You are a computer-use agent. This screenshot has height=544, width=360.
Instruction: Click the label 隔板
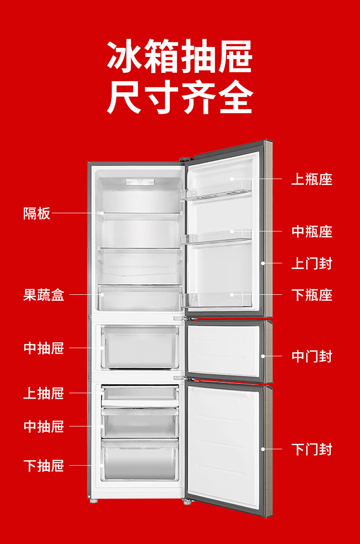[x=37, y=213]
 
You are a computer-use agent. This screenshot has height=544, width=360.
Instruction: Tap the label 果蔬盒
[x=44, y=295]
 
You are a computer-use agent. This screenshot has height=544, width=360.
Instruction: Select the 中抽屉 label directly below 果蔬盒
[x=44, y=348]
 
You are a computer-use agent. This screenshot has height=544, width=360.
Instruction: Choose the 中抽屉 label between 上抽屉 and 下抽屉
[x=44, y=426]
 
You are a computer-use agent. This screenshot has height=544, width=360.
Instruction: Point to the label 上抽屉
[x=44, y=393]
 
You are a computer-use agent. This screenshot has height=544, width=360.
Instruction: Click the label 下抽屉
[x=44, y=466]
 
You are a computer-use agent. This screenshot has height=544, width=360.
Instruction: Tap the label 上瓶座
[x=312, y=179]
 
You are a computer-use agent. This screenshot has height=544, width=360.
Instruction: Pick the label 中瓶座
[x=312, y=231]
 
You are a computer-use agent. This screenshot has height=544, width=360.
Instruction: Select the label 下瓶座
[x=312, y=295]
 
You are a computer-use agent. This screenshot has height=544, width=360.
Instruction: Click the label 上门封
[x=312, y=263]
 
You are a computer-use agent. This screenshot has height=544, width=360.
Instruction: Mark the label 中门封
[x=312, y=356]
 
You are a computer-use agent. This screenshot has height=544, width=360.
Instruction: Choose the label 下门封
[x=312, y=449]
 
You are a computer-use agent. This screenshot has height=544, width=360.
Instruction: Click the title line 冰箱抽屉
[x=180, y=56]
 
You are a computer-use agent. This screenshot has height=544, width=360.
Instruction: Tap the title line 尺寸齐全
[x=180, y=97]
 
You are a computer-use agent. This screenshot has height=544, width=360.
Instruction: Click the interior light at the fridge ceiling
[x=140, y=182]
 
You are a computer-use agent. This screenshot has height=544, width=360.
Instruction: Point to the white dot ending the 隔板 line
[x=103, y=213]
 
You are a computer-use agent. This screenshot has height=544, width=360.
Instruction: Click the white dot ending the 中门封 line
[x=263, y=356]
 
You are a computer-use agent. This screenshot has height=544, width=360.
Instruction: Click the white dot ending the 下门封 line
[x=263, y=449]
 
